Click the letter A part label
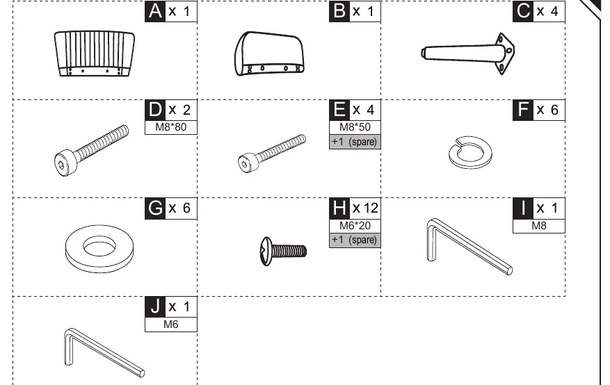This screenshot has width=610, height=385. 155,11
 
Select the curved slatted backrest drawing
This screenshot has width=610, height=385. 95,54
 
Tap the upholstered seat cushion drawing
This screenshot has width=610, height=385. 268,54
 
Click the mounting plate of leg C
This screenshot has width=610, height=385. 505,54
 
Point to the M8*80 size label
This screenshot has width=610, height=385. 171,127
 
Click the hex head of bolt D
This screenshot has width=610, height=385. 64,163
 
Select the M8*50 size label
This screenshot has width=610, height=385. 355,127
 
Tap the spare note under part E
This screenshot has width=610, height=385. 355,142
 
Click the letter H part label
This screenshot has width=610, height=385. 339,208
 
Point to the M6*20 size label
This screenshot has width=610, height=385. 355,226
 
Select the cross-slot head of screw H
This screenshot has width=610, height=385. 266,252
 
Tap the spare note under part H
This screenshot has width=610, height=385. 355,240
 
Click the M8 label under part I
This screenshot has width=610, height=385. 539,226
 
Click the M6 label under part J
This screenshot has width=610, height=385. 171,325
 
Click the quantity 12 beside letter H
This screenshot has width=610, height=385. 365,208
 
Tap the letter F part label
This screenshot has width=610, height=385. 523,110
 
